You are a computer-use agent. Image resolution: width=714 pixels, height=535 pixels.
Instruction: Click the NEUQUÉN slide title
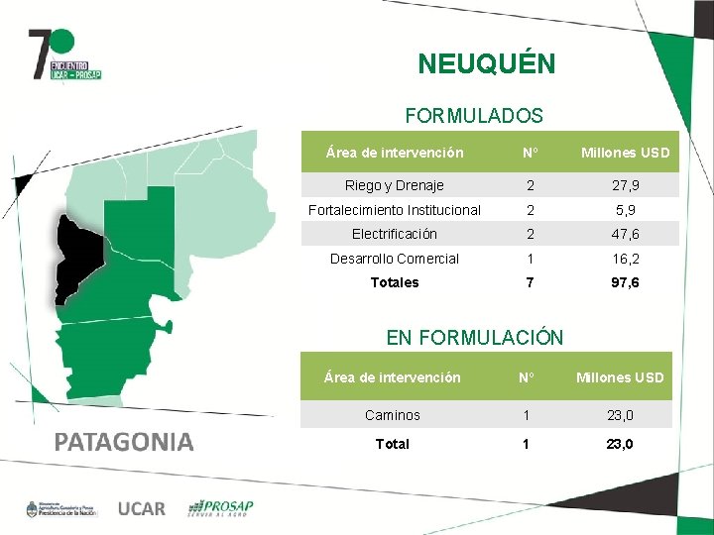(486, 64)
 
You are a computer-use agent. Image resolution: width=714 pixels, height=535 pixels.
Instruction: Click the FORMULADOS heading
(474, 116)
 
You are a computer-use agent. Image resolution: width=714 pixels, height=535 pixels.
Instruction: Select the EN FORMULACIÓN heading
(474, 338)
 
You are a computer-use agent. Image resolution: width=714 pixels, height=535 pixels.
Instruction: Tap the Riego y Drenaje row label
(394, 185)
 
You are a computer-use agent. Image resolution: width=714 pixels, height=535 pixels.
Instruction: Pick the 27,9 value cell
(626, 185)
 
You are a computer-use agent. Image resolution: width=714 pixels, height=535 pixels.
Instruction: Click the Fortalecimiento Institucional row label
(394, 210)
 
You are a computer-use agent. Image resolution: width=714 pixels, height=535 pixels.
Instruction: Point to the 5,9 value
(626, 210)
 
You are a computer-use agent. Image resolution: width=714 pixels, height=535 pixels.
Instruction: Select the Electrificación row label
(394, 234)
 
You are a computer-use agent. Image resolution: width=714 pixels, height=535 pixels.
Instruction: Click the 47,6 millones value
(626, 234)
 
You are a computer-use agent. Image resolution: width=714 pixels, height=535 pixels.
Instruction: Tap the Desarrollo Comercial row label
(394, 259)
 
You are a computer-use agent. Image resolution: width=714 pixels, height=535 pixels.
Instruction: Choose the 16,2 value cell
(626, 259)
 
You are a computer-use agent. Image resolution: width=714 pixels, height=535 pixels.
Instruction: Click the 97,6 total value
(626, 282)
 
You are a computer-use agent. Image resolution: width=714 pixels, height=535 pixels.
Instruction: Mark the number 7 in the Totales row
(531, 282)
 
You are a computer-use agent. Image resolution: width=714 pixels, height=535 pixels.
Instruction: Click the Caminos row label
(393, 415)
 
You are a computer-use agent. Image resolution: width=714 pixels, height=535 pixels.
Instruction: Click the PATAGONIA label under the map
(124, 442)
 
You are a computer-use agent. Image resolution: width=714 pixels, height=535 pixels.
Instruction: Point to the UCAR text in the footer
(142, 508)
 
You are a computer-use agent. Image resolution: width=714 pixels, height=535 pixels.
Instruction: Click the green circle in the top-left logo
(63, 41)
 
